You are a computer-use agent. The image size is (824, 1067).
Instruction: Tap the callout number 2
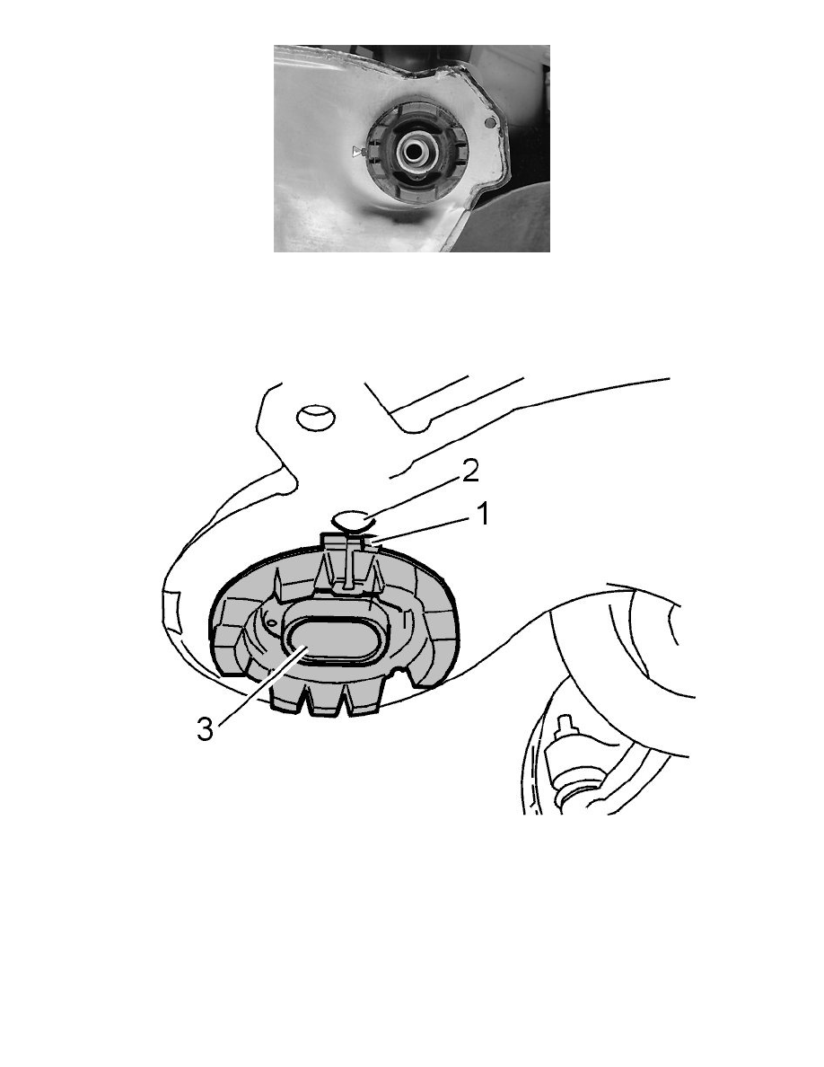pos(470,472)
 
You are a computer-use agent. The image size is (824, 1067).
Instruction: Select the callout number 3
pos(205,730)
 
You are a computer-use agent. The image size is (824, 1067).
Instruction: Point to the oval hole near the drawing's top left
pos(315,417)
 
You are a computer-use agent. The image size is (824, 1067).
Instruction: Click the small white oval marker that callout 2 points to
pos(352,521)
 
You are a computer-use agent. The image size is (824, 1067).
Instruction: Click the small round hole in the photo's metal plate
pos(490,122)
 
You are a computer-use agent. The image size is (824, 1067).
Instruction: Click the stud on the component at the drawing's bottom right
pos(565,726)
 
